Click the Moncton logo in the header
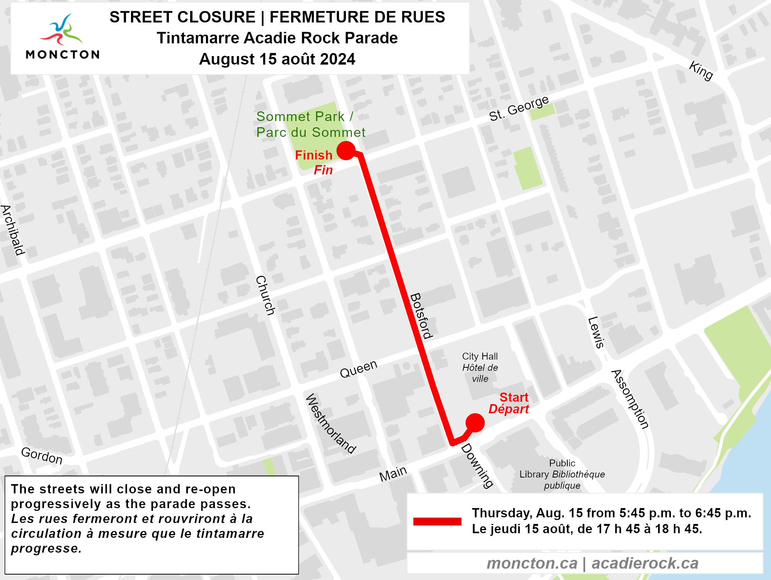[x=62, y=37]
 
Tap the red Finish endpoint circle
[x=346, y=150]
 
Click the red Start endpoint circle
[x=475, y=423]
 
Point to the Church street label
[x=266, y=295]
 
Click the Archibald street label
[x=12, y=230]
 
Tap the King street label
[x=701, y=71]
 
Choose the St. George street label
[x=519, y=108]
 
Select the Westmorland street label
[x=330, y=423]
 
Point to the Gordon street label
[x=42, y=455]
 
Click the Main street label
[x=393, y=474]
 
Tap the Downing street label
[x=478, y=466]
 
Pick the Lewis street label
[x=596, y=333]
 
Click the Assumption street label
[x=630, y=399]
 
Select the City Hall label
[x=480, y=367]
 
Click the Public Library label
[x=562, y=474]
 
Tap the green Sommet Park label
[x=310, y=124]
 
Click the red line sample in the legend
[x=437, y=521]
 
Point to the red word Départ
[x=509, y=409]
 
